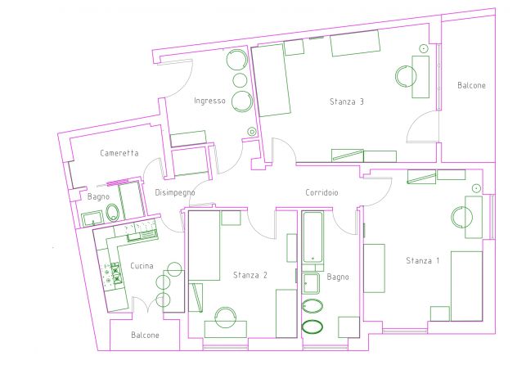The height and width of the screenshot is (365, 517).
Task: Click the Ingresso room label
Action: pyautogui.click(x=209, y=101)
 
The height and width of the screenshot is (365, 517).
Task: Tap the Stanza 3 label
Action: pyautogui.click(x=347, y=101)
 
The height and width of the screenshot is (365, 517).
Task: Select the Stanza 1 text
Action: pyautogui.click(x=422, y=260)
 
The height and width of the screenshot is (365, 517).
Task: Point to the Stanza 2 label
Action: pyautogui.click(x=250, y=275)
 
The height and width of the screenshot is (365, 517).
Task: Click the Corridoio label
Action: pyautogui.click(x=321, y=192)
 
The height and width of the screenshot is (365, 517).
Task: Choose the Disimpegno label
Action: pyautogui.click(x=175, y=193)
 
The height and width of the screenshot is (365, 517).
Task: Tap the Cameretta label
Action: pyautogui.click(x=119, y=153)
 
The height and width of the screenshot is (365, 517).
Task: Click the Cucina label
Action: pyautogui.click(x=142, y=266)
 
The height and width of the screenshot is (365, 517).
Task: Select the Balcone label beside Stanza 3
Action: pyautogui.click(x=471, y=85)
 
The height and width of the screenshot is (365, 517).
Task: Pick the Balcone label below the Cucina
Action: pyautogui.click(x=145, y=335)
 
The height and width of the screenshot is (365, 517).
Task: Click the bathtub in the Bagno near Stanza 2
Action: pyautogui.click(x=312, y=237)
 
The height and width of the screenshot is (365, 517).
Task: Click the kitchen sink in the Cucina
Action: pyautogui.click(x=142, y=235)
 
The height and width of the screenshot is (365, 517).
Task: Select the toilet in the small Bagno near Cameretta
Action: pyautogui.click(x=112, y=213)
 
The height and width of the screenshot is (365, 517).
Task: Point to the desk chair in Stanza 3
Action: pyautogui.click(x=405, y=76)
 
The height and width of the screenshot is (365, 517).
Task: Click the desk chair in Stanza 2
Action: pyautogui.click(x=225, y=318)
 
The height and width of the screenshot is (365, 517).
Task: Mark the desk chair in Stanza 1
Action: pyautogui.click(x=461, y=217)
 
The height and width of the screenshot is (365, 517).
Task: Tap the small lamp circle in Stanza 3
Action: pyautogui.click(x=424, y=48)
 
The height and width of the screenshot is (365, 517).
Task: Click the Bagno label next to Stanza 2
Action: pyautogui.click(x=338, y=277)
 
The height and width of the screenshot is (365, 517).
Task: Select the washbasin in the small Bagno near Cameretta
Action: pyautogui.click(x=93, y=219)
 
